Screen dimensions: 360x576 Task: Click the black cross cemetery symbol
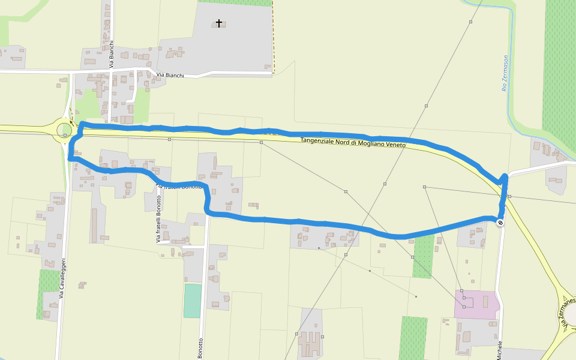tap(219, 23)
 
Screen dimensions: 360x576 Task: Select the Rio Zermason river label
tap(505, 73)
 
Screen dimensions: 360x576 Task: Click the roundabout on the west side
tap(64, 130)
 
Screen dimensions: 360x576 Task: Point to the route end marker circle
tap(500, 223)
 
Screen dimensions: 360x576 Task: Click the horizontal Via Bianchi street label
tap(170, 76)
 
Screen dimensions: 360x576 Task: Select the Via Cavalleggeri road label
tap(62, 279)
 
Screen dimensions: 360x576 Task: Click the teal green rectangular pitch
tap(193, 301)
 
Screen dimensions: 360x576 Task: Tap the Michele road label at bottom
tap(499, 350)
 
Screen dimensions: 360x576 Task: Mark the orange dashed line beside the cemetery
tap(273, 36)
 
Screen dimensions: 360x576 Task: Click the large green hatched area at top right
tap(559, 66)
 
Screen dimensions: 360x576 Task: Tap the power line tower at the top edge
tap(471, 22)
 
